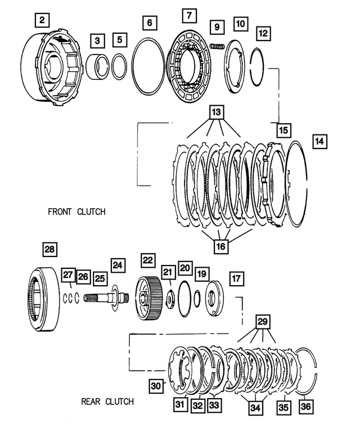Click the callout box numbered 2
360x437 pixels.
(x=43, y=22)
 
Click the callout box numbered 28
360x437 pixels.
(x=50, y=250)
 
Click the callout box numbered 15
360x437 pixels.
(x=283, y=130)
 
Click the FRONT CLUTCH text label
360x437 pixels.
(x=77, y=211)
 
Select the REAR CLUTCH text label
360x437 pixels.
(x=107, y=402)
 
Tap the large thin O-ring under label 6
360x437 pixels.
(x=149, y=66)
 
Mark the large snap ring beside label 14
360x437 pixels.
(x=296, y=186)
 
